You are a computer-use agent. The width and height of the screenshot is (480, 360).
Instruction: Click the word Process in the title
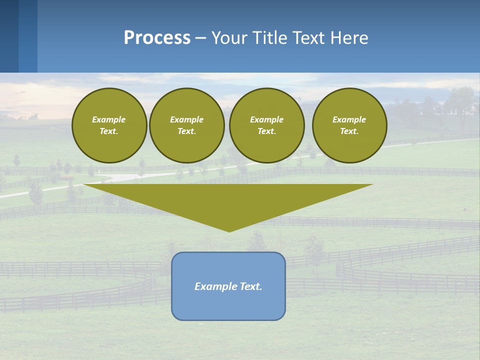click(x=157, y=38)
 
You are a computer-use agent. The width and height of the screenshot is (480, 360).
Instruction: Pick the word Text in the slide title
click(x=308, y=38)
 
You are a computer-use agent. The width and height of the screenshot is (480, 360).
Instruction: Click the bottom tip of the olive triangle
click(x=229, y=230)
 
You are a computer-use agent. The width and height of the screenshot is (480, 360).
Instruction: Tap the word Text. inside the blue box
click(x=250, y=286)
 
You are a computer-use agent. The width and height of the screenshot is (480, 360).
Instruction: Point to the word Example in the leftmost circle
click(x=109, y=119)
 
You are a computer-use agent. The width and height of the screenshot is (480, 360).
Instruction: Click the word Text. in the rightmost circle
click(x=349, y=131)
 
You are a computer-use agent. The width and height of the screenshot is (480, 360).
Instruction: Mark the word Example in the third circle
click(x=266, y=119)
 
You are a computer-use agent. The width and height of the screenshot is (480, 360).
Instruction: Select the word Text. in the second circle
click(x=186, y=131)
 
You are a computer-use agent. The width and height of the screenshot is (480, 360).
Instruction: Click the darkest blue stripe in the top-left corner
click(x=9, y=36)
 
